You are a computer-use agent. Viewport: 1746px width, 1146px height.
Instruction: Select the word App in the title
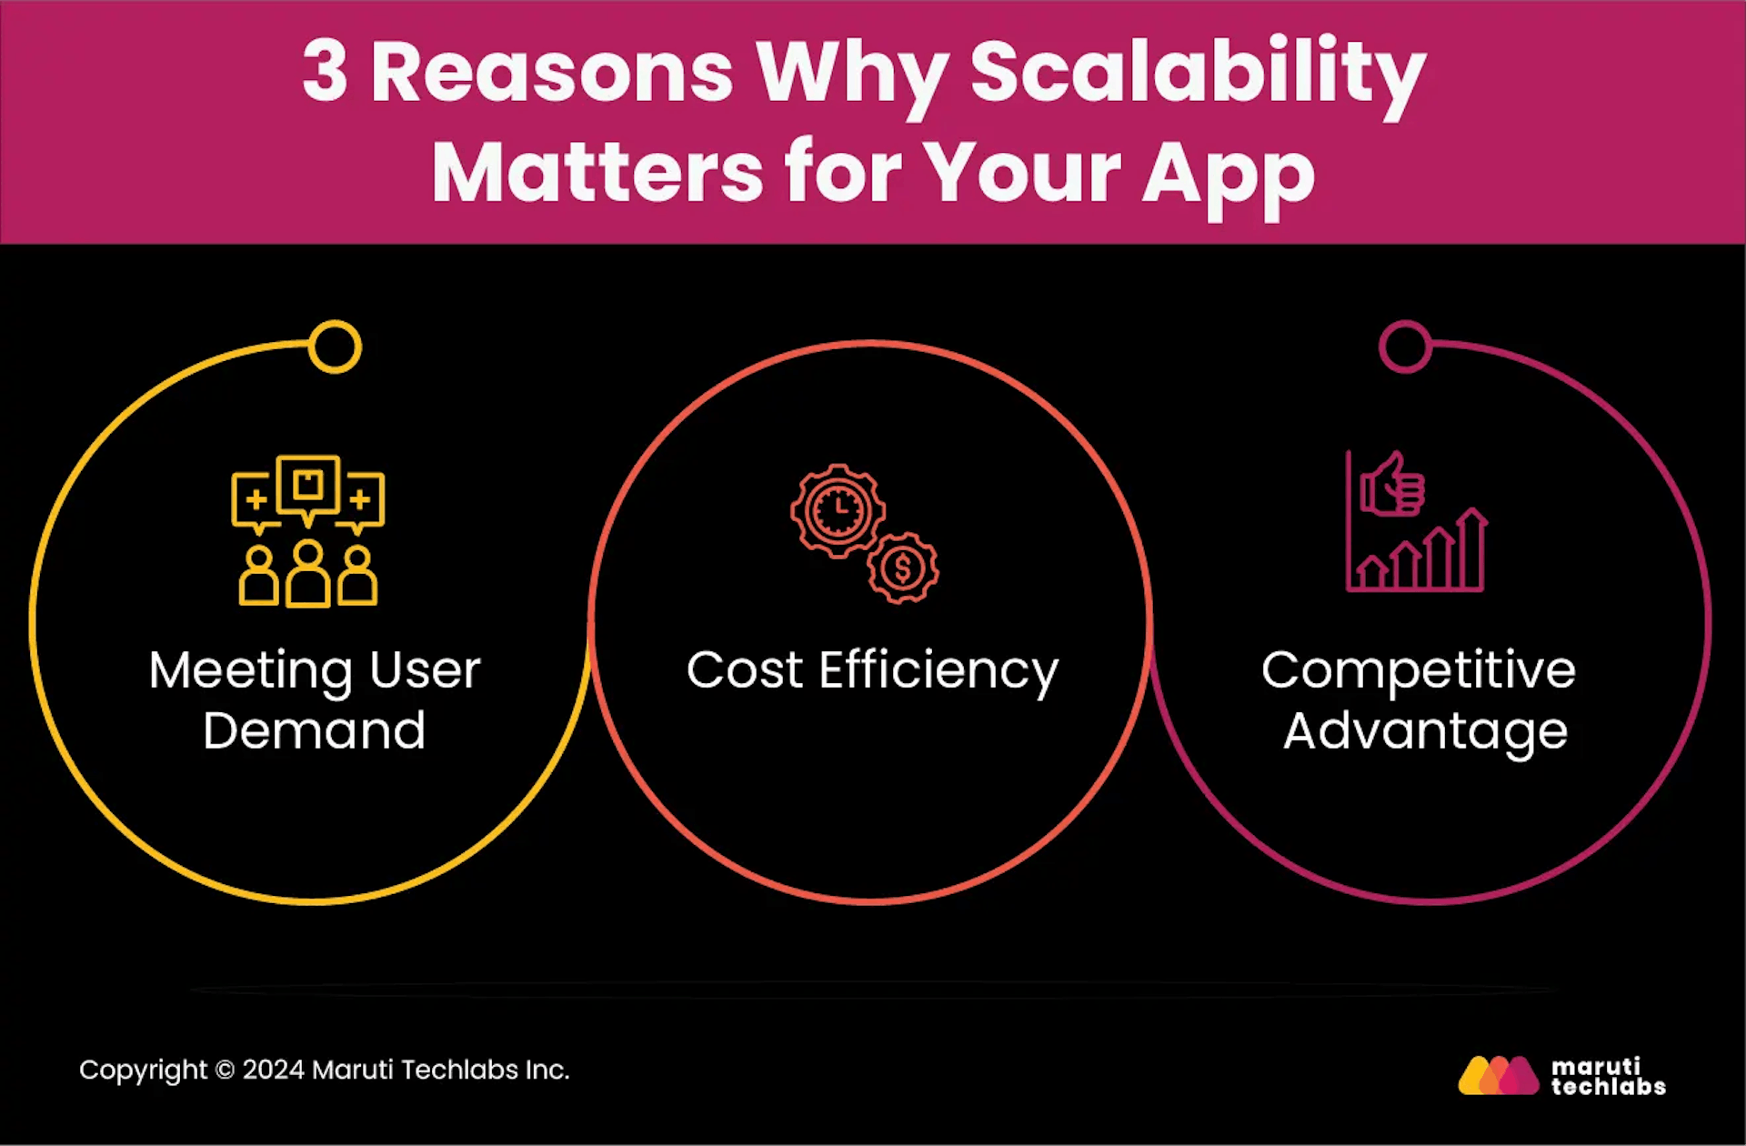(1229, 175)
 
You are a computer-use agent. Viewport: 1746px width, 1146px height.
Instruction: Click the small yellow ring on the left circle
(335, 347)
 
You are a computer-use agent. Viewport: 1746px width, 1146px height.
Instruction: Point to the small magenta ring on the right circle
(1405, 347)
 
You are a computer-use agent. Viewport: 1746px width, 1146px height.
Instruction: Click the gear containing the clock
(838, 510)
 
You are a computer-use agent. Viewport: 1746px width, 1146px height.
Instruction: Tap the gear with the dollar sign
(903, 568)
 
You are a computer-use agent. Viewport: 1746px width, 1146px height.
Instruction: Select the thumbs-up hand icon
(1391, 485)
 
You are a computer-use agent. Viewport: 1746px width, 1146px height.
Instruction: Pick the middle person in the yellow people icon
(308, 574)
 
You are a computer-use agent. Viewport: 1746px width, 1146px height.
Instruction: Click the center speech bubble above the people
(308, 486)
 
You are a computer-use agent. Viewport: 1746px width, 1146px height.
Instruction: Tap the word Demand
(314, 730)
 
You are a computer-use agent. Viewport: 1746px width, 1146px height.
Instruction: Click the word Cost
(744, 670)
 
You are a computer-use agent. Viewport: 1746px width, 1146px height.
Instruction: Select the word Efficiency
(938, 672)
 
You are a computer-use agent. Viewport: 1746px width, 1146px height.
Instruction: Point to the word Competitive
(1418, 672)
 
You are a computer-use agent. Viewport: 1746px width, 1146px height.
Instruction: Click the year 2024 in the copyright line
(273, 1070)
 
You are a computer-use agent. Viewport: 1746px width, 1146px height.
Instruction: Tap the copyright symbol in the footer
(225, 1071)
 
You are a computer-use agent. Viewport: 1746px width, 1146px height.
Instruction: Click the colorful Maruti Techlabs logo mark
(1499, 1075)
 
